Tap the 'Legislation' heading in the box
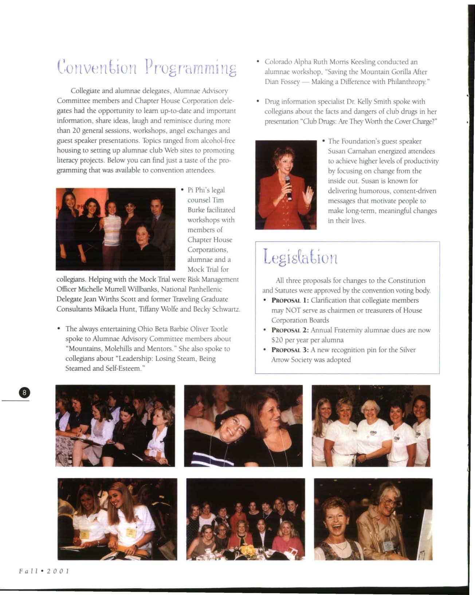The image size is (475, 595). (x=301, y=257)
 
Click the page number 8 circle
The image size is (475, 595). (x=24, y=393)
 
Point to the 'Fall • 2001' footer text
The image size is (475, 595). (x=44, y=571)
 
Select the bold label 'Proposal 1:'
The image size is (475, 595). (x=290, y=301)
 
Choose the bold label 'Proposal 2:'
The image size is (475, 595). (x=290, y=330)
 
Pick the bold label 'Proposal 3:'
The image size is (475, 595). (x=290, y=350)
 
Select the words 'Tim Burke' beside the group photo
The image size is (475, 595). (x=211, y=205)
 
